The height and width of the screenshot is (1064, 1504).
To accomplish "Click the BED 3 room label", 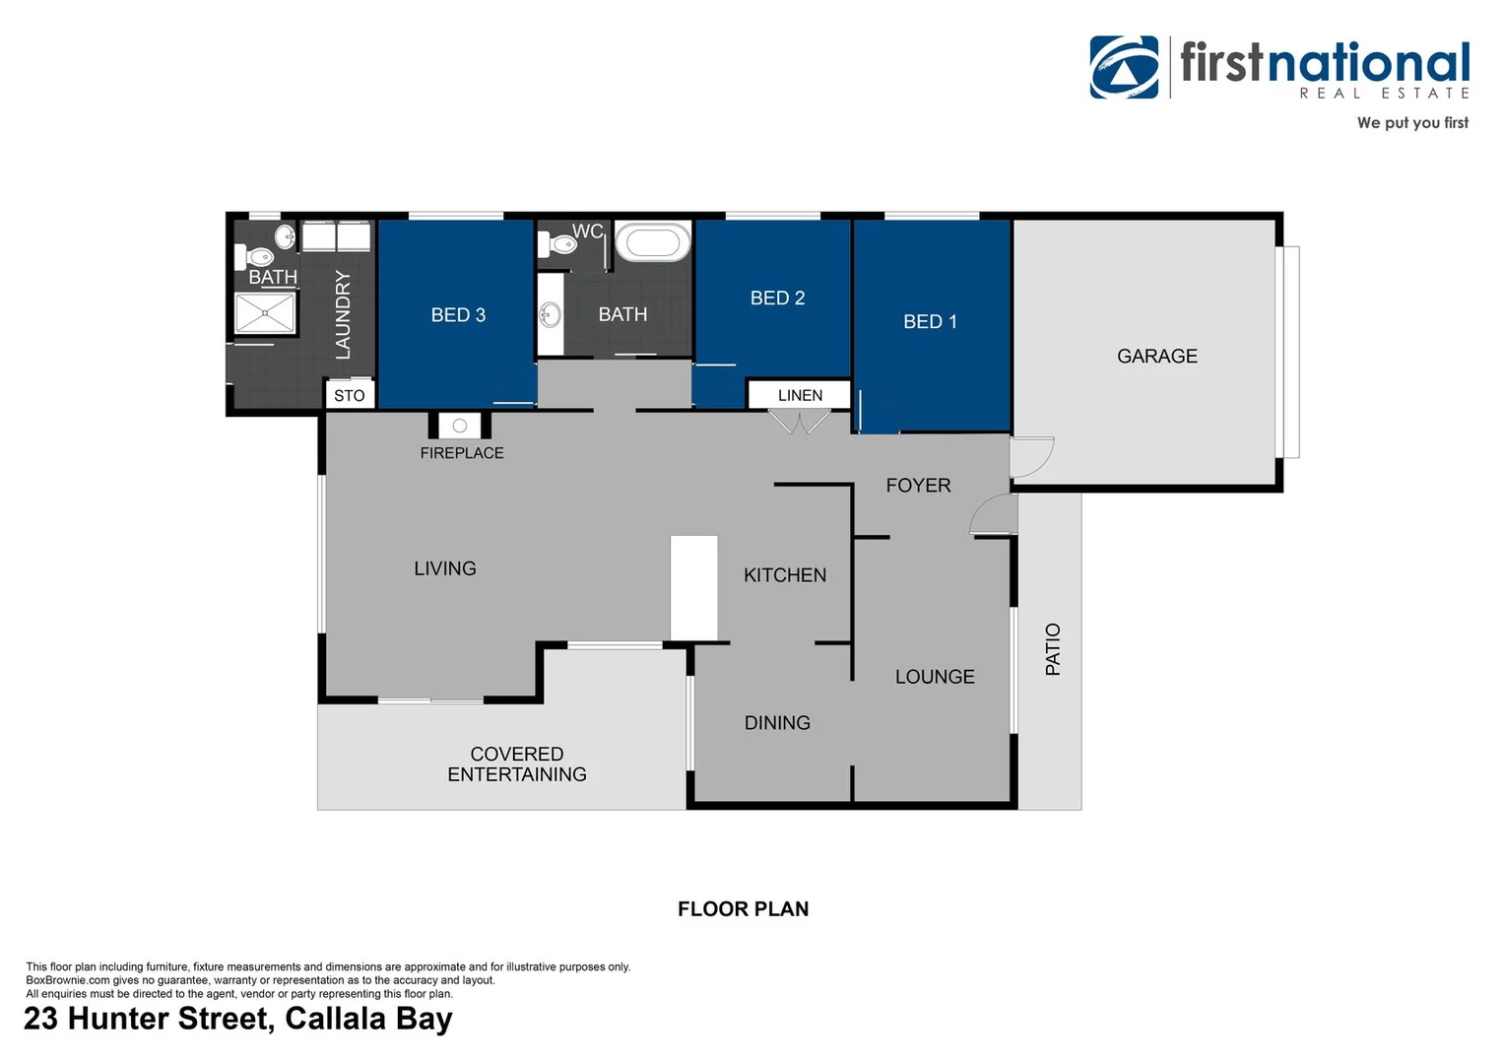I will pos(458,315).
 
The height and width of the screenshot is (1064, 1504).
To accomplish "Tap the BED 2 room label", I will pos(777,298).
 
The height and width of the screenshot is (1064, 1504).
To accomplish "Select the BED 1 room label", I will pos(930,321).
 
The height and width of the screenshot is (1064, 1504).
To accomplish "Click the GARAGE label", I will pos(1156,356).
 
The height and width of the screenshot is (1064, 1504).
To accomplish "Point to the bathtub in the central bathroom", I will pos(652,242).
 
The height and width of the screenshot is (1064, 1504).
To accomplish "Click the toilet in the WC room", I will pos(559,243).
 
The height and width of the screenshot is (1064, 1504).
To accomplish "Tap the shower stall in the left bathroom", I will pos(265,313).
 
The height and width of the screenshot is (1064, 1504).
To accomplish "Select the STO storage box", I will pos(350,395).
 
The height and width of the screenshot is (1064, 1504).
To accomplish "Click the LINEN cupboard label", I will pos(799,395).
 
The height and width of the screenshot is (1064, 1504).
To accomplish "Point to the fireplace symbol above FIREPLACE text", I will pos(459,426).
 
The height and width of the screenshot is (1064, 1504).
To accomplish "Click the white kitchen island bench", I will pos(693,588).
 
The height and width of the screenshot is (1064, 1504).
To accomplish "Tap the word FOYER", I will pos(918,485).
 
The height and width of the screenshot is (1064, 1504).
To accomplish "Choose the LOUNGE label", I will pos(934,677).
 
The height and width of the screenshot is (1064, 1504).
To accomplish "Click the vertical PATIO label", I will pos(1053,649).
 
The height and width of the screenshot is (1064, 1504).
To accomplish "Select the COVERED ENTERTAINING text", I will pos(517,765).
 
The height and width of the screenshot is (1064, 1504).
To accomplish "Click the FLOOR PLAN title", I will pos(743,908).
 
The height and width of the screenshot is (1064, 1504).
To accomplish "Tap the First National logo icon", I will pos(1124,67).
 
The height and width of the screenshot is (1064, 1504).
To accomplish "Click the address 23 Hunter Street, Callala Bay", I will pos(238,1018).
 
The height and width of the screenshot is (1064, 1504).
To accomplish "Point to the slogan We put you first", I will pos(1411,123).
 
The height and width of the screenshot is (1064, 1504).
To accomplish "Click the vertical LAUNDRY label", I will pos(343,314).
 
